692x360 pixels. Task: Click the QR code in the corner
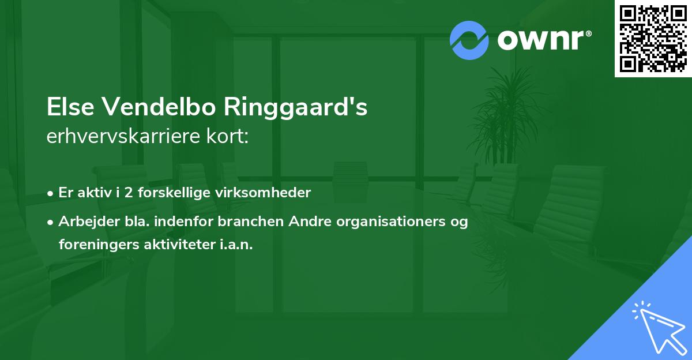653,38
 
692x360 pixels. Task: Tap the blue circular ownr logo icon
469,40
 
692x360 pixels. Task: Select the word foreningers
93,245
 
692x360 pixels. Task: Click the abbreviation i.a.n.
236,245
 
